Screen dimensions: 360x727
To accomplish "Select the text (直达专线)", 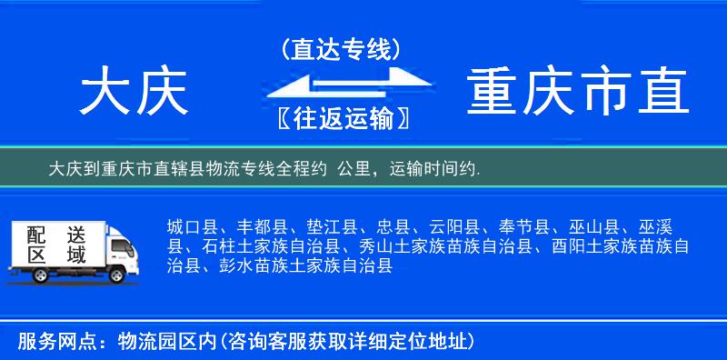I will [x=342, y=50].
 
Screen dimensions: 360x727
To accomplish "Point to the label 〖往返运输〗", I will [x=341, y=119].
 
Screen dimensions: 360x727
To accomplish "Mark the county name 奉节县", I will [x=505, y=226].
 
